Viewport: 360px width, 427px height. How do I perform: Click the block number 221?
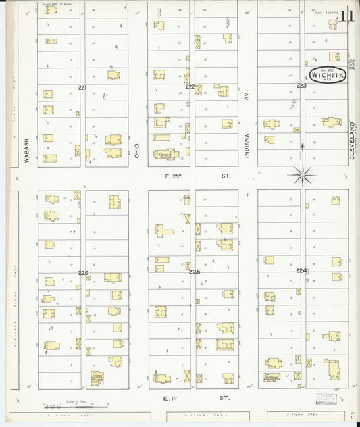[x=82, y=88]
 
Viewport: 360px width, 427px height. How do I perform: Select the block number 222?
[x=191, y=87]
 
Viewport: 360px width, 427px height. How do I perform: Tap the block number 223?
[x=301, y=86]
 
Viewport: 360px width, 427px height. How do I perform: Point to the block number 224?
[x=301, y=270]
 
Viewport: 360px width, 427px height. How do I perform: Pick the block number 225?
[x=195, y=271]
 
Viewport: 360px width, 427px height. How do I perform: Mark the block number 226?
[x=83, y=273]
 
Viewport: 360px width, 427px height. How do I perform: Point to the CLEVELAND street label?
[x=353, y=141]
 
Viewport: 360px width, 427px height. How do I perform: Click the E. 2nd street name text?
[x=174, y=176]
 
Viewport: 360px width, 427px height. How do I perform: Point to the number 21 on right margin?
[x=353, y=64]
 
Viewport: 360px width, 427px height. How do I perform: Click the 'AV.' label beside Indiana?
[x=247, y=97]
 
